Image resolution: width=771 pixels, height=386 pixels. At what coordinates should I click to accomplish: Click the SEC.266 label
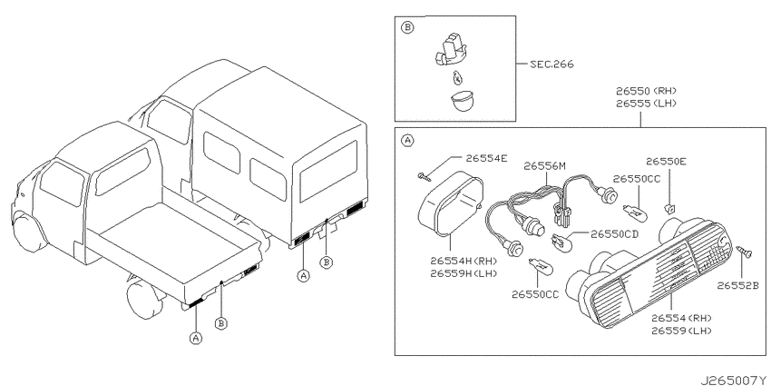(x=551, y=64)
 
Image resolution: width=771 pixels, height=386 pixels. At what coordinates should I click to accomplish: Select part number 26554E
(x=487, y=158)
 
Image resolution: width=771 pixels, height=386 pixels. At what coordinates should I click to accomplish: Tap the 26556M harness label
(x=544, y=166)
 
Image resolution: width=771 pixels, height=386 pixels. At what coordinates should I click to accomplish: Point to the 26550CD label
(x=614, y=234)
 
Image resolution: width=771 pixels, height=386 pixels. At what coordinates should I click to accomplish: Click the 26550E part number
(x=667, y=162)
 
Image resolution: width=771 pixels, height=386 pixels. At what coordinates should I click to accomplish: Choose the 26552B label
(x=737, y=285)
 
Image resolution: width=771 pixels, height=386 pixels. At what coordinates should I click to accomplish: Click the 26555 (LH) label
(x=646, y=104)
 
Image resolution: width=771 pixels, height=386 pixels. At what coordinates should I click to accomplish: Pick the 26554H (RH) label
(x=464, y=261)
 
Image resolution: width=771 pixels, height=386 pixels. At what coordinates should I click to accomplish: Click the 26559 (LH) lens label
(x=681, y=331)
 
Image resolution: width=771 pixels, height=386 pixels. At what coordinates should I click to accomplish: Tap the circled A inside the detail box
(x=407, y=141)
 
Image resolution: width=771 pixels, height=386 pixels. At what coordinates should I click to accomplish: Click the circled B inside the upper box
(x=407, y=28)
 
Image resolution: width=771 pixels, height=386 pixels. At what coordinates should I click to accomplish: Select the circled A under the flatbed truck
(x=196, y=338)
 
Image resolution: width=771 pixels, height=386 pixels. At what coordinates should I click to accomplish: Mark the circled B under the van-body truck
(x=326, y=262)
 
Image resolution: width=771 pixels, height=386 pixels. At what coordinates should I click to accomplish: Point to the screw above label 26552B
(x=744, y=252)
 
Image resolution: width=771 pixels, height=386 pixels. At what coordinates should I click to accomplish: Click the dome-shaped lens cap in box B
(x=462, y=101)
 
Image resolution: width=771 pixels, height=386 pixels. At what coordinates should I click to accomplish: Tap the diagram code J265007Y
(x=735, y=381)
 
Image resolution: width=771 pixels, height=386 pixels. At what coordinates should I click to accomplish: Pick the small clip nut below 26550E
(x=669, y=209)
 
